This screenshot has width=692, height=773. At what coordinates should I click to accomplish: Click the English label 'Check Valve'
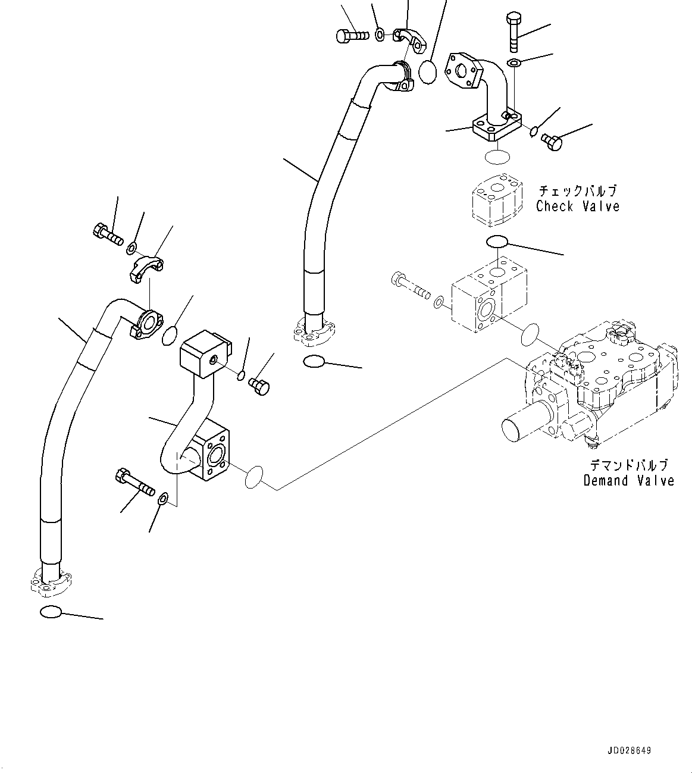[577, 206]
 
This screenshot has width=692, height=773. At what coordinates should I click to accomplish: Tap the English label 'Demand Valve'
[628, 480]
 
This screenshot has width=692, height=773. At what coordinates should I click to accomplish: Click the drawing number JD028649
[630, 750]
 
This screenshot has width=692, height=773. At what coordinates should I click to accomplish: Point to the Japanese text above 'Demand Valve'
[628, 465]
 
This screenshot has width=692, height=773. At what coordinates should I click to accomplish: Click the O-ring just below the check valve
[497, 241]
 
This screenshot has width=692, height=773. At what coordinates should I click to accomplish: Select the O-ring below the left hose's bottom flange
[51, 611]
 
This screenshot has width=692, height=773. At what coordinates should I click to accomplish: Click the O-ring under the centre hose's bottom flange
[313, 361]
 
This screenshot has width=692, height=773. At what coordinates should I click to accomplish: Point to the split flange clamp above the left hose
[146, 266]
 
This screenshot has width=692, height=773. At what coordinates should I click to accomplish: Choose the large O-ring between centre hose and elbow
[427, 73]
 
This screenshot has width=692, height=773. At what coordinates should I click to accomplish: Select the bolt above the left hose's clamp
[108, 233]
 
